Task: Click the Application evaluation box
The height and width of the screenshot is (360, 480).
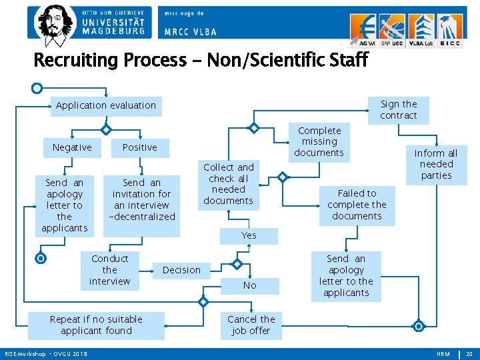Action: [106, 105]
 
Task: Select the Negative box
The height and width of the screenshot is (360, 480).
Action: [72, 147]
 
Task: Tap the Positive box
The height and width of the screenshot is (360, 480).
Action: [140, 147]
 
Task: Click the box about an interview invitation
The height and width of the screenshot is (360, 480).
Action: [142, 199]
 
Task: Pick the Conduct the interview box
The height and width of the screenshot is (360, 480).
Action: [110, 270]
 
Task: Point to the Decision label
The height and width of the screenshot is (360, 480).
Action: [181, 270]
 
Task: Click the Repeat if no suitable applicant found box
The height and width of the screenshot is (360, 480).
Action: [96, 325]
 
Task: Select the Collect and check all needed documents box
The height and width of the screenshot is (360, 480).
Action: [229, 184]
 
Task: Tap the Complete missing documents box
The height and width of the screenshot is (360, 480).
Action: [319, 141]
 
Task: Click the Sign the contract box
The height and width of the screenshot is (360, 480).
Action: [399, 109]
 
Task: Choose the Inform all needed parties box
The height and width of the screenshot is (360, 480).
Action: [436, 164]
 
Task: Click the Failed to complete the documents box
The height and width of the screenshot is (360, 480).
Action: [357, 205]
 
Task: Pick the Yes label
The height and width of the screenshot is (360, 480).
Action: [249, 235]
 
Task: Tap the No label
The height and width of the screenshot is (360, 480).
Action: [249, 285]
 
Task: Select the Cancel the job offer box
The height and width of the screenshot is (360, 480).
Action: [251, 325]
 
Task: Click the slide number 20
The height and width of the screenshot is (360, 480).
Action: [469, 354]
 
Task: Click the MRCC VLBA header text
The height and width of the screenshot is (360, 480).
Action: [191, 31]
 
